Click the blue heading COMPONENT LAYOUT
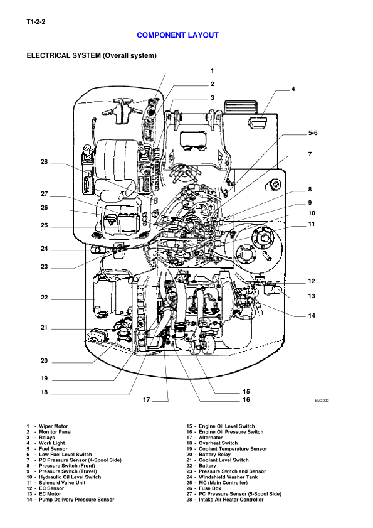[177, 35]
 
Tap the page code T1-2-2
[36, 22]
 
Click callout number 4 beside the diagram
[293, 89]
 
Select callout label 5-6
[313, 133]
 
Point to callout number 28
[45, 162]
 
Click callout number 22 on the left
[45, 298]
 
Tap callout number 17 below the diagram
[146, 400]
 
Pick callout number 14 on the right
[312, 316]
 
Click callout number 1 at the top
[213, 71]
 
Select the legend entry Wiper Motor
[53, 426]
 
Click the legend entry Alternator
[211, 438]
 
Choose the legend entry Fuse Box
[210, 488]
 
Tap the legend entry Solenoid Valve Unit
[62, 483]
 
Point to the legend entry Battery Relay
[214, 455]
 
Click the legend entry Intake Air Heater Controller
[231, 500]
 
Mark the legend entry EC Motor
[50, 494]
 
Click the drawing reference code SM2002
[322, 401]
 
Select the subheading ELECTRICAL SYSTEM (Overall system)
[92, 55]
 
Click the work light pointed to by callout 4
[258, 122]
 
